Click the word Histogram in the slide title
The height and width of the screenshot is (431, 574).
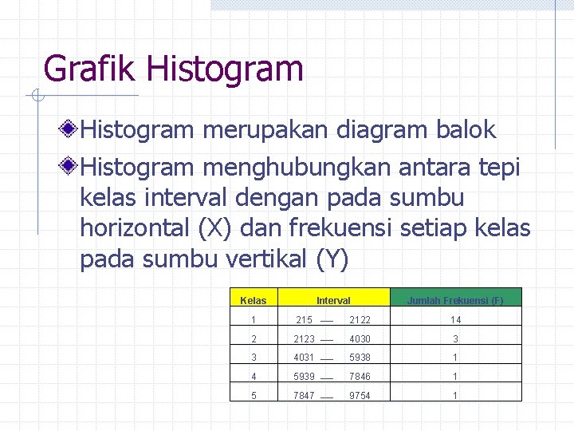[225, 69]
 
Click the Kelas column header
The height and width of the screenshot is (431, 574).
[254, 301]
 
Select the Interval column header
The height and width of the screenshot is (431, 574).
[333, 301]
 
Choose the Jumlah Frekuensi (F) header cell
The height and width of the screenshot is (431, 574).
[455, 301]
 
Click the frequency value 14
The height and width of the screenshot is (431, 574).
[455, 320]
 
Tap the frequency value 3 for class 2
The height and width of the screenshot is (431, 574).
[455, 339]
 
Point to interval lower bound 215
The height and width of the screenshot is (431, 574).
[304, 320]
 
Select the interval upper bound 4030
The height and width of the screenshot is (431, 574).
[359, 339]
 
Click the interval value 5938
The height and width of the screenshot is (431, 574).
[359, 358]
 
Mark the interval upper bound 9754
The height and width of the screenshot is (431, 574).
[359, 396]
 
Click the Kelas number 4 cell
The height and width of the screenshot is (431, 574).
[254, 377]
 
